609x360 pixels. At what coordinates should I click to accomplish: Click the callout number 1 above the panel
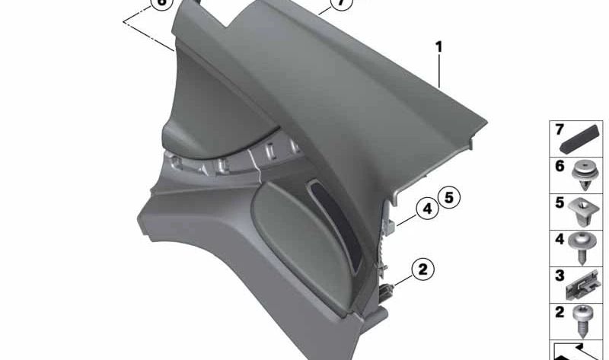(438, 47)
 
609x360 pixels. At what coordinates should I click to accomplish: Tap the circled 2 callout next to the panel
(422, 268)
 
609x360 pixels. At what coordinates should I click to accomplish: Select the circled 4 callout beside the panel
(427, 207)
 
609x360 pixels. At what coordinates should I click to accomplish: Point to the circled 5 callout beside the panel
(448, 198)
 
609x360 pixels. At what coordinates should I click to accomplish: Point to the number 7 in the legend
(559, 129)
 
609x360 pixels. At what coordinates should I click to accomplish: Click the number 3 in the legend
(559, 275)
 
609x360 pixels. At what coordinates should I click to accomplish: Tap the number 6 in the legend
(559, 165)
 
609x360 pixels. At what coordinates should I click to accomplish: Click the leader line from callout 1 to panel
(439, 72)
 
